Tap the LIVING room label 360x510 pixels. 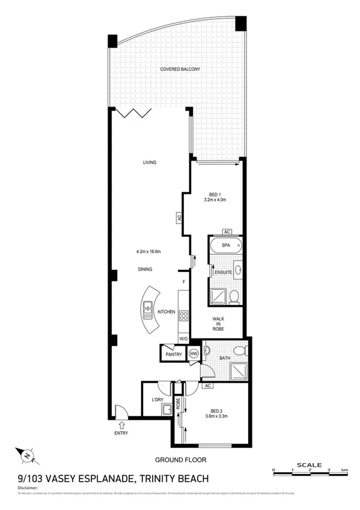(x=150, y=162)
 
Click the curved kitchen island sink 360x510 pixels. (x=147, y=311)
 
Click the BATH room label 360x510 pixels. (x=225, y=359)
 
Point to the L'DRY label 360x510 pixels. (x=158, y=399)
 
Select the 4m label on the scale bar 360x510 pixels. (x=344, y=470)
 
